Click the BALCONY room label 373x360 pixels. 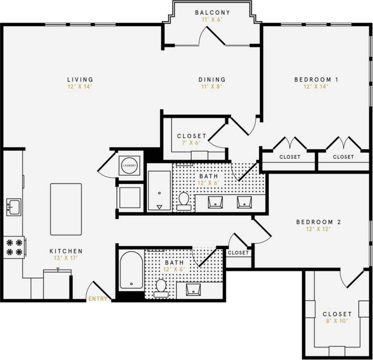point(212,12)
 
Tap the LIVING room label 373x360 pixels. point(80,80)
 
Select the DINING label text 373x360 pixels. point(212,80)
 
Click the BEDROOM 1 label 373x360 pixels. point(316,80)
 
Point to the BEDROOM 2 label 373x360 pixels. point(319,222)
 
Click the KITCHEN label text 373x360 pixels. point(66,251)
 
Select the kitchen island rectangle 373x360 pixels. point(66,209)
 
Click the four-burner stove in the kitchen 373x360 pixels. point(14,247)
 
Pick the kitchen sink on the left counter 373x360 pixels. point(13,205)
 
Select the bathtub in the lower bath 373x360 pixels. point(131,271)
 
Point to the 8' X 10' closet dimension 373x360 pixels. point(337,321)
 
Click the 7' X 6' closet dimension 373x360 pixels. point(191,143)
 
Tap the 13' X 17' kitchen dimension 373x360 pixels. point(66,258)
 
